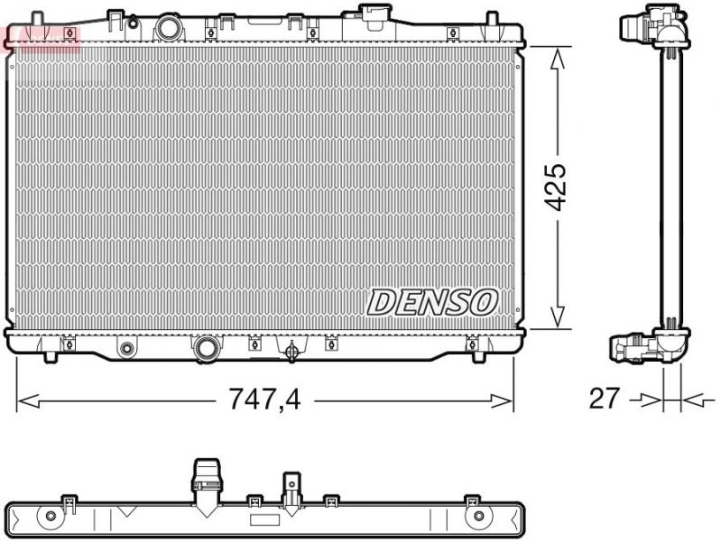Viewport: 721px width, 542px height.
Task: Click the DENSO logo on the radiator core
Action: point(432,302)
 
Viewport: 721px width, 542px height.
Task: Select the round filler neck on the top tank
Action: point(169,27)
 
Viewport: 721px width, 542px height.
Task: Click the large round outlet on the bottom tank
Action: point(207,347)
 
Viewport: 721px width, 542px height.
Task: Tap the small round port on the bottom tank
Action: point(127,348)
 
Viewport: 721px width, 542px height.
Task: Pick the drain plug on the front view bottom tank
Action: point(291,353)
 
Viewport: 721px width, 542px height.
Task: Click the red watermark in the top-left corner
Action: point(42,37)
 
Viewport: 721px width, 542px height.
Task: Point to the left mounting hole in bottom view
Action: point(51,517)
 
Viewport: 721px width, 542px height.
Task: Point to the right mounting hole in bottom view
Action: point(478,517)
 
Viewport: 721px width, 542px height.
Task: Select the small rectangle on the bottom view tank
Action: point(264,520)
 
